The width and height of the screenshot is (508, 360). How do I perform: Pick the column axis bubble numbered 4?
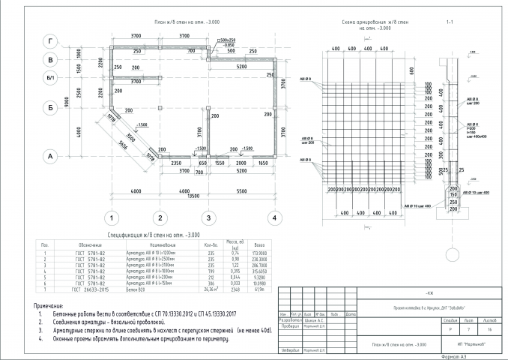pyautogui.click(x=276, y=218)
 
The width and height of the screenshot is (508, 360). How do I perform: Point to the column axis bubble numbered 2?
pyautogui.click(x=159, y=218)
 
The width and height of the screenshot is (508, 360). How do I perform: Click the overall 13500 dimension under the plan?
pyautogui.click(x=193, y=197)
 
